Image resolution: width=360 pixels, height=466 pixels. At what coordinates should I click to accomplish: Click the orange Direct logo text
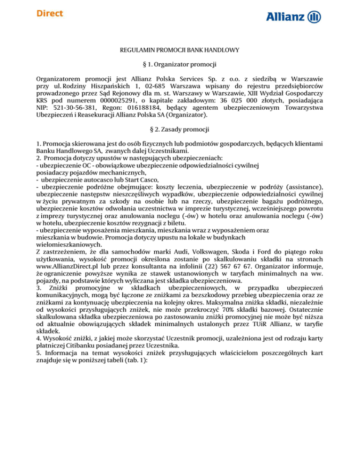coord(49,13)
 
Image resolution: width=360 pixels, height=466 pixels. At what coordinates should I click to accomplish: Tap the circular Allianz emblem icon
coord(315,17)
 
